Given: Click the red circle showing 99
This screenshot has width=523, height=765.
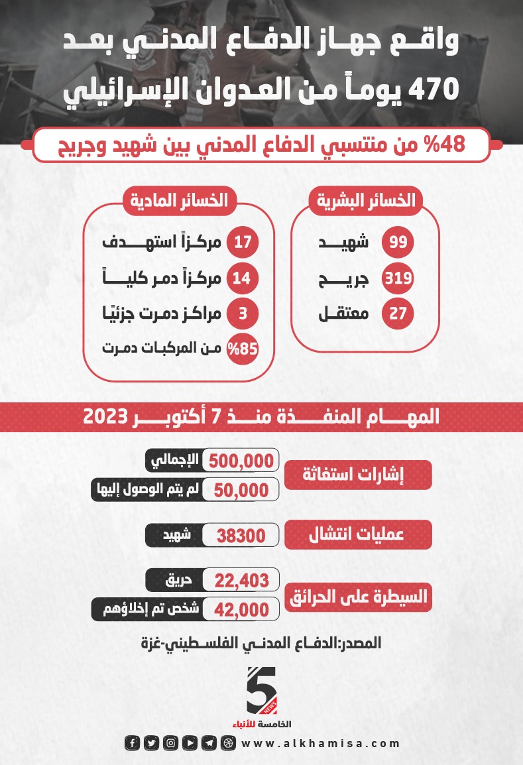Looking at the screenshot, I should pos(398,242).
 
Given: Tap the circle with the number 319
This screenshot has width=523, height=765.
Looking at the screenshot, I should pos(398,278).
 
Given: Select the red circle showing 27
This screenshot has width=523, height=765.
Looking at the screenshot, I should pos(398,314).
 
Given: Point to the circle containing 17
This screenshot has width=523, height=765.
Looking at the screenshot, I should pos(243,242).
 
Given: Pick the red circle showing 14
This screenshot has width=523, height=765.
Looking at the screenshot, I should pos(243,278).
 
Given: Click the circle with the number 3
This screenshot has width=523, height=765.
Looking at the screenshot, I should pos(243,314).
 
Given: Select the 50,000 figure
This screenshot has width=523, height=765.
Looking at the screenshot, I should pos(241,490).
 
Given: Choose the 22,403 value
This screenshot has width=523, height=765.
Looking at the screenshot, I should pos(241,581).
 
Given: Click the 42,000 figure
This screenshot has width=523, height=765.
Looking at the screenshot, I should pos(241,609).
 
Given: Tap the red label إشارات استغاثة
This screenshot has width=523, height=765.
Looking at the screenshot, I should pos(358,475).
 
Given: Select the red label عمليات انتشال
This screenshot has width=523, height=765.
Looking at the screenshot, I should pos(358,535).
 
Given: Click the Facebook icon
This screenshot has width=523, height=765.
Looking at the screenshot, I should pos(133,743).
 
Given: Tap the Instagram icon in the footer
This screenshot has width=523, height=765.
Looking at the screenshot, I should pos(170,743).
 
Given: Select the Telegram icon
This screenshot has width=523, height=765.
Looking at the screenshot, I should pos(209,743).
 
